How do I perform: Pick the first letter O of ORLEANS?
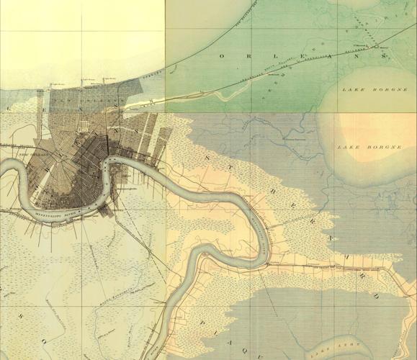[223, 55]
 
